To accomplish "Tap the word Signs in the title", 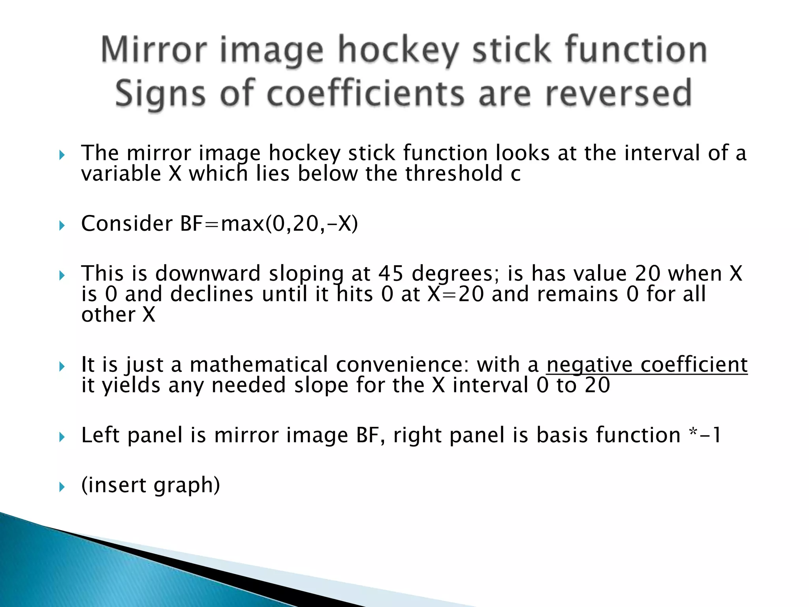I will pyautogui.click(x=160, y=94).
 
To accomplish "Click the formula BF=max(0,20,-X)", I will pyautogui.click(x=269, y=224).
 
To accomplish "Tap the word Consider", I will pyautogui.click(x=127, y=224).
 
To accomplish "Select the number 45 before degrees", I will pyautogui.click(x=391, y=273).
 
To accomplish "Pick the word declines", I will pyautogui.click(x=212, y=294).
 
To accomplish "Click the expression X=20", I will pyautogui.click(x=455, y=294).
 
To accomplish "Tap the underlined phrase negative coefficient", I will pyautogui.click(x=647, y=365).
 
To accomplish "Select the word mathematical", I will pyautogui.click(x=259, y=365).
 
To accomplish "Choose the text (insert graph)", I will pyautogui.click(x=151, y=485).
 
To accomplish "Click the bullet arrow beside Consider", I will pyautogui.click(x=62, y=226).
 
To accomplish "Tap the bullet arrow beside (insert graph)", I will pyautogui.click(x=62, y=487).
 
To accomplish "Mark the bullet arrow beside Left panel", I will pyautogui.click(x=62, y=437).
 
